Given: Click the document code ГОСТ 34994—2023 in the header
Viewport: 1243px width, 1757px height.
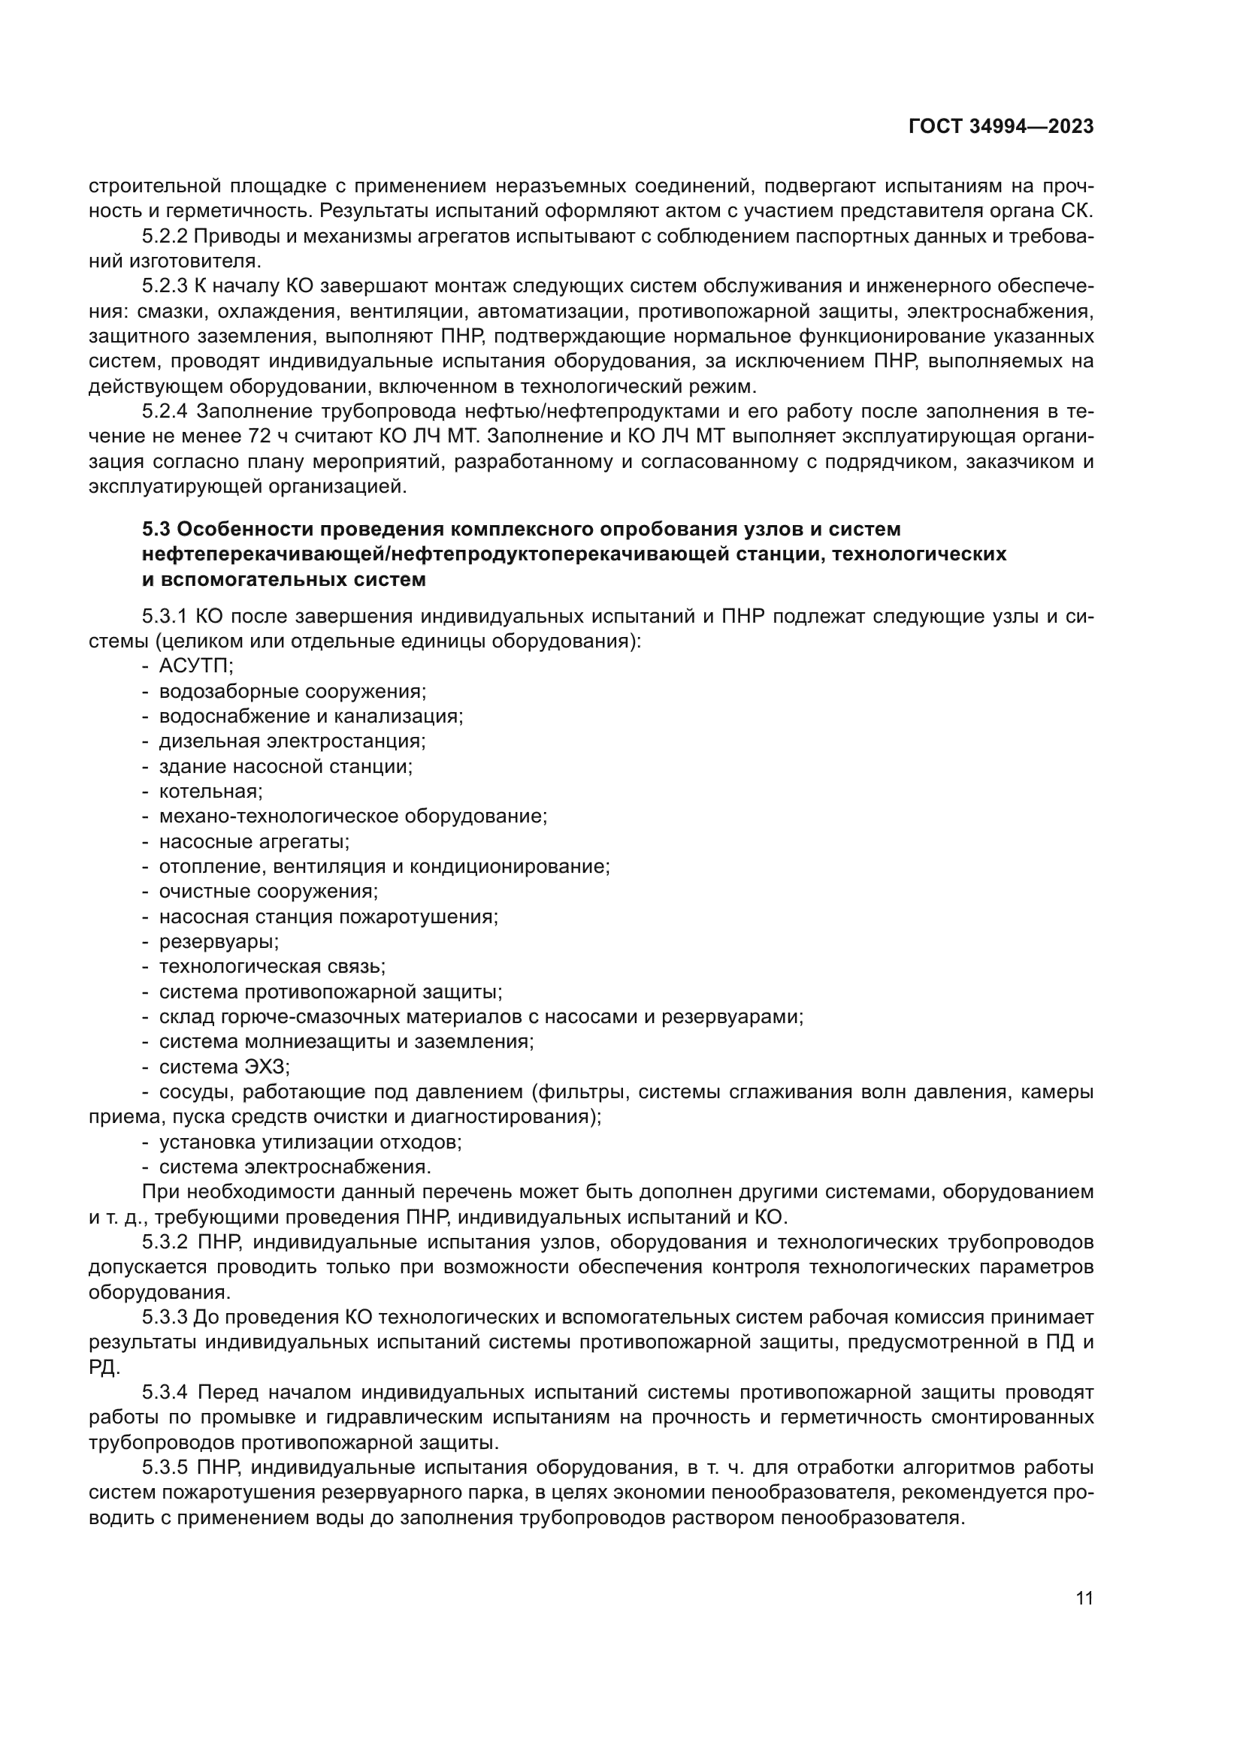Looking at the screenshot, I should tap(1000, 127).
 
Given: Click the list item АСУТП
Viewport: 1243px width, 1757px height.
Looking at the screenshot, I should tap(196, 666).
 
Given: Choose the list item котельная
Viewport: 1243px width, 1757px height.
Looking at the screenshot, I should tap(210, 791).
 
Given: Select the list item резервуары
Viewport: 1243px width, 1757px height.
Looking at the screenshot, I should tap(218, 941).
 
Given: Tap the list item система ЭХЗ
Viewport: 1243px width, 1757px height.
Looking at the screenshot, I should tap(224, 1067).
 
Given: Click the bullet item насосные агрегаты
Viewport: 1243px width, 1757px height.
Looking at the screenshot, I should tap(254, 842).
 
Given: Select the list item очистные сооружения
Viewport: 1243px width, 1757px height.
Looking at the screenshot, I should tap(268, 892).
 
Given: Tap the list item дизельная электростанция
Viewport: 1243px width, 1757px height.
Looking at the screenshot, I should tap(292, 741).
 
